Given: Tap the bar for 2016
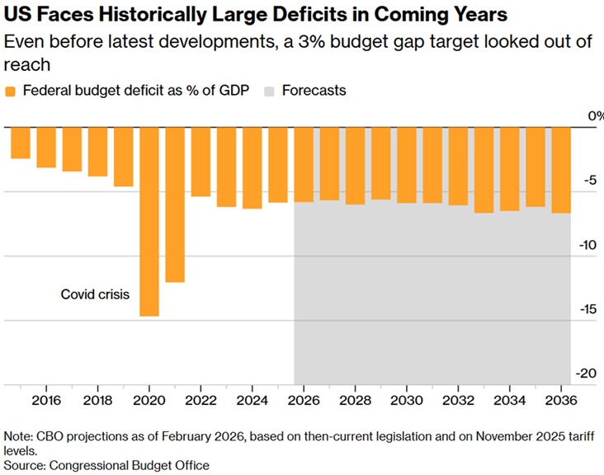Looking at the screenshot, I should point(46,148).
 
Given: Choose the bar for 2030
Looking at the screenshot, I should point(407,165).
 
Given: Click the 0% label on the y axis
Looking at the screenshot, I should point(594,116).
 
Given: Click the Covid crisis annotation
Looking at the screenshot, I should point(95,294).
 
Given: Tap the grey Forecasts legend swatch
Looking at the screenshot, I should point(269,91).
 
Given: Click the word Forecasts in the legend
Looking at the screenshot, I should point(314,91).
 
